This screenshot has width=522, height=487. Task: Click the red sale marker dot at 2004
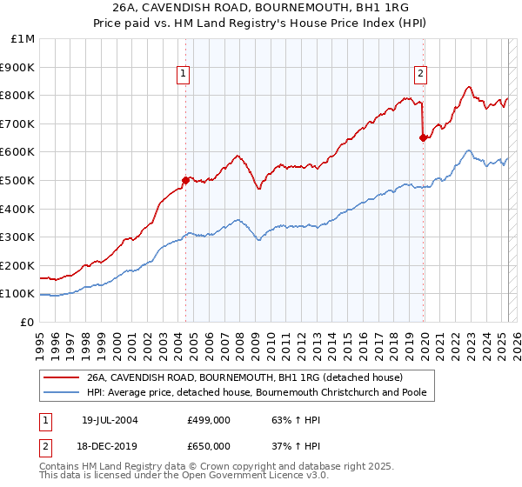point(185,180)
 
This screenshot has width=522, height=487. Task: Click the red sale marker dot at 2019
point(423,137)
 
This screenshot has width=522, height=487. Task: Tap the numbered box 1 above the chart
point(184,75)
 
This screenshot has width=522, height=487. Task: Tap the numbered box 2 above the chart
point(420,75)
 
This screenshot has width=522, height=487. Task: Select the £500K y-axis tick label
point(19,180)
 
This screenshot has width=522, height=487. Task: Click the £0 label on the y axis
point(28,322)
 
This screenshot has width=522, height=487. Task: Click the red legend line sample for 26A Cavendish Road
point(61,378)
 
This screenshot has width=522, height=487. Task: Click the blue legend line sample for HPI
point(61,392)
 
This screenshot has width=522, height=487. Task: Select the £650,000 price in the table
point(209,446)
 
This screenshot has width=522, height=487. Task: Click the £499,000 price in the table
point(209,420)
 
